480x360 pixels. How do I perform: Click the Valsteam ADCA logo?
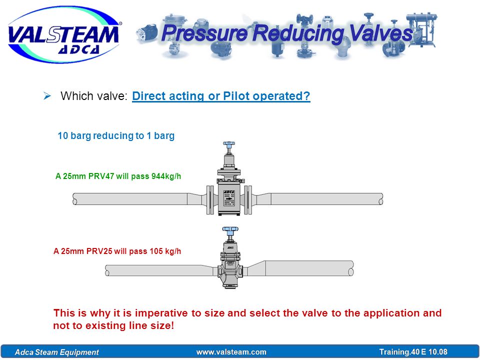tap(64, 34)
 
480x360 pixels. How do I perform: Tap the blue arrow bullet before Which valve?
tap(47, 96)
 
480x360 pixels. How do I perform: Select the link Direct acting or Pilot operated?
tap(221, 96)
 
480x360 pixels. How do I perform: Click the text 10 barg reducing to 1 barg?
tap(116, 135)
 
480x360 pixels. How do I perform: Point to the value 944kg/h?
tap(166, 176)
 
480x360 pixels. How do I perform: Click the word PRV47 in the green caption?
tap(101, 176)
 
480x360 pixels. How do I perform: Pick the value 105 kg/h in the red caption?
tap(165, 251)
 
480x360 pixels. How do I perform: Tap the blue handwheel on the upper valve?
tap(228, 144)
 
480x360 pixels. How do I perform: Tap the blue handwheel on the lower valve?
tap(230, 229)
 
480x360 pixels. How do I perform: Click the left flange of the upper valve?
tap(210, 199)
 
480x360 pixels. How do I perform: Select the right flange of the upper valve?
tap(248, 199)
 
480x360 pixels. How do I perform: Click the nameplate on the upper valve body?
tap(228, 198)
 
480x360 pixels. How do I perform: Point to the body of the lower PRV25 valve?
tap(230, 271)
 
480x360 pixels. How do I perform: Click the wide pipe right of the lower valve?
tap(309, 268)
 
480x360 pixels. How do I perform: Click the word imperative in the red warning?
tap(160, 313)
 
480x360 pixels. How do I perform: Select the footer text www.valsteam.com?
tap(231, 352)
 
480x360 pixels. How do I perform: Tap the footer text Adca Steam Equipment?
tap(57, 352)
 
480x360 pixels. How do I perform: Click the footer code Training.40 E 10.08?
tap(413, 352)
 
